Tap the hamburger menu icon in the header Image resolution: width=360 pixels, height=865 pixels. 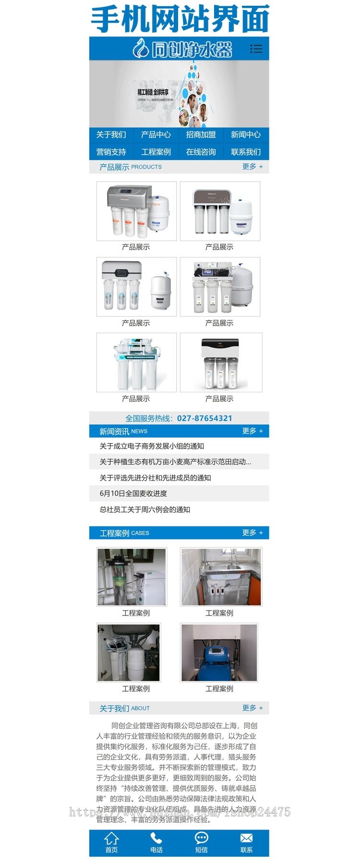[x=256, y=48]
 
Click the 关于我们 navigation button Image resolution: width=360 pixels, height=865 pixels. [x=111, y=135]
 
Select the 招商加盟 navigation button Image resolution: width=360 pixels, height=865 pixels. [x=201, y=135]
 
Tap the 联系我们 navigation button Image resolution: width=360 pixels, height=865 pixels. [x=246, y=152]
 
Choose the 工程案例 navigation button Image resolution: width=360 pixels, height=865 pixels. [x=156, y=152]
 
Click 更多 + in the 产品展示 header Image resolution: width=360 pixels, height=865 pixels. [x=252, y=167]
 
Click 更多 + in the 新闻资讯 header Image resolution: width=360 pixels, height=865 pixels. [x=252, y=431]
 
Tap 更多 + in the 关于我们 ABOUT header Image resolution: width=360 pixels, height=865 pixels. [x=252, y=708]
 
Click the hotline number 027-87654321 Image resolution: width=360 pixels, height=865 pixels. [x=204, y=418]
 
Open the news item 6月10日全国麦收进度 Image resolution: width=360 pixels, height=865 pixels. [x=133, y=493]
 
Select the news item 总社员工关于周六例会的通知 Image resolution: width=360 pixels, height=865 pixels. [x=145, y=509]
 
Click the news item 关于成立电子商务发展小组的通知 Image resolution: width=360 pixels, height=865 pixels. [x=152, y=446]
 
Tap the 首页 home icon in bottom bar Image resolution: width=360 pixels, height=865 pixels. [x=111, y=839]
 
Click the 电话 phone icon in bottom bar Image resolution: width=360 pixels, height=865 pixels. [x=156, y=839]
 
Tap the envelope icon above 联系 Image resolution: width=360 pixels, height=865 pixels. [x=246, y=838]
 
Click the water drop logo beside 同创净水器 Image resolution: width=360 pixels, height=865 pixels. [x=141, y=48]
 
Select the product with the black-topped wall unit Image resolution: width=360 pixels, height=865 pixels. [x=221, y=362]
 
